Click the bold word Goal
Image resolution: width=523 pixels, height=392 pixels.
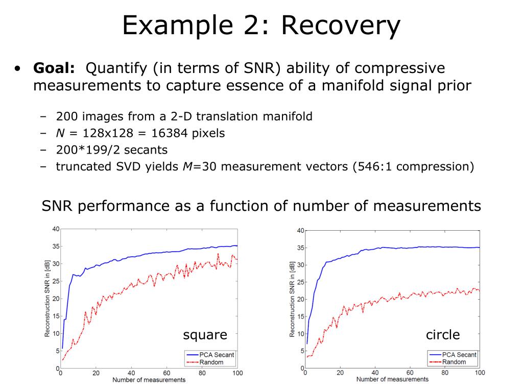pyautogui.click(x=54, y=68)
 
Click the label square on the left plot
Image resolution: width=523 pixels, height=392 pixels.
pyautogui.click(x=205, y=335)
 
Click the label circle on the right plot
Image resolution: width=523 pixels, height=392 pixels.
pyautogui.click(x=443, y=335)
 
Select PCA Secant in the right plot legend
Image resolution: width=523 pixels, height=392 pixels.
pyautogui.click(x=460, y=355)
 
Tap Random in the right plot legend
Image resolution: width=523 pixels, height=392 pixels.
pyautogui.click(x=454, y=362)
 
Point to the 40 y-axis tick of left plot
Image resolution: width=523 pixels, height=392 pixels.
pyautogui.click(x=55, y=228)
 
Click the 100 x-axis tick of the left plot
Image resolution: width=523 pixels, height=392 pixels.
pyautogui.click(x=237, y=373)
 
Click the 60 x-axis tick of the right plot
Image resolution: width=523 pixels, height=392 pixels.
pyautogui.click(x=410, y=373)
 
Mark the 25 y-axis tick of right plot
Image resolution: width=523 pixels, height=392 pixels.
pyautogui.click(x=300, y=282)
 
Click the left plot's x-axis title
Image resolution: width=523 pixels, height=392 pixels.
pyautogui.click(x=149, y=380)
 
